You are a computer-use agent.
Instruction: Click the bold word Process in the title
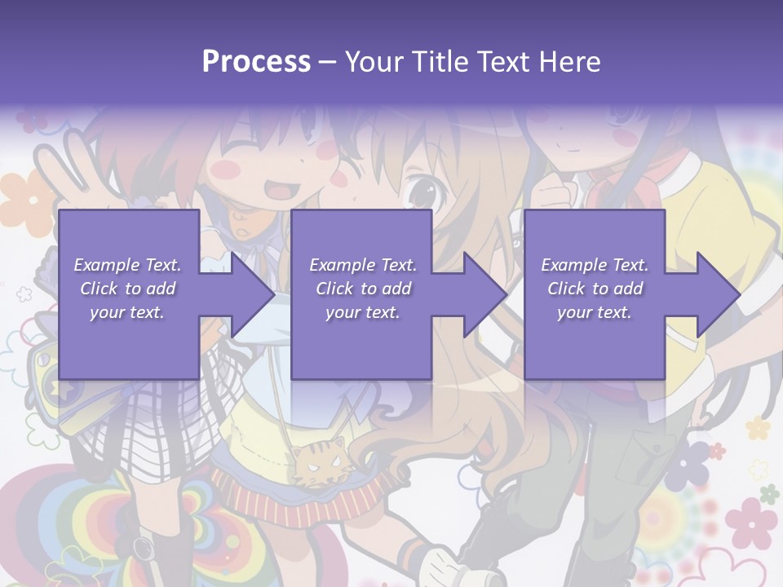point(256,62)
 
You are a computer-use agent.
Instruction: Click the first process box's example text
point(127,288)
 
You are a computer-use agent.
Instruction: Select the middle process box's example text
point(362,288)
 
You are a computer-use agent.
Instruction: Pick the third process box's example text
point(595,288)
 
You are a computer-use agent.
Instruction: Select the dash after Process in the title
point(327,62)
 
